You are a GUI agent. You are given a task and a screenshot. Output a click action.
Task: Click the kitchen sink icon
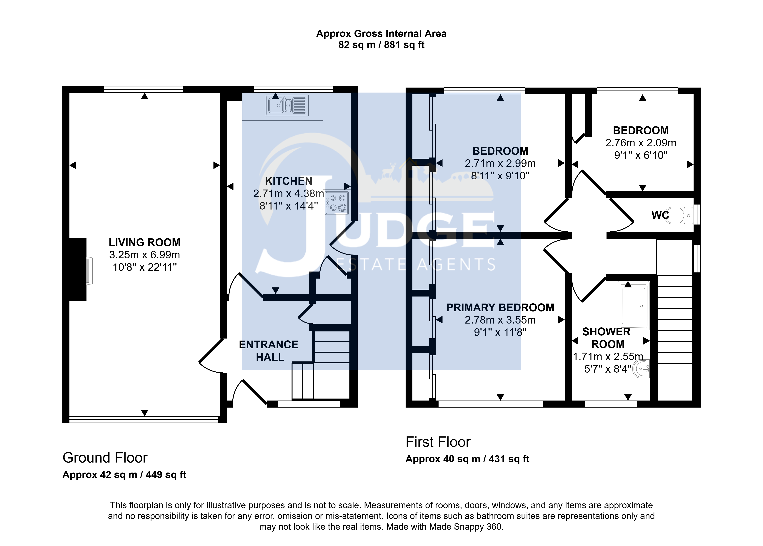click(287, 105)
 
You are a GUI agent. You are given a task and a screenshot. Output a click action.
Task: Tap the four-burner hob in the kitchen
click(337, 203)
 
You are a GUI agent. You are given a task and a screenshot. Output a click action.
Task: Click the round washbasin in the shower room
click(641, 369)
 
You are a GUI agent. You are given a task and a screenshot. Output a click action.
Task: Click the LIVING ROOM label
click(145, 242)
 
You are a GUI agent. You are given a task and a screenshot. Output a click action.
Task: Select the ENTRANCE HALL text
click(269, 351)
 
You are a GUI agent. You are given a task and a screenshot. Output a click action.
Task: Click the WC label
click(660, 215)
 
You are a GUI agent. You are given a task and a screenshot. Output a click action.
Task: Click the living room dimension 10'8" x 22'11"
click(145, 267)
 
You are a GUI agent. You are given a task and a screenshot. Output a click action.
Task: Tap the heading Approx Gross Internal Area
click(381, 34)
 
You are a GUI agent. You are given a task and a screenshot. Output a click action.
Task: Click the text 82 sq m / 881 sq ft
click(381, 45)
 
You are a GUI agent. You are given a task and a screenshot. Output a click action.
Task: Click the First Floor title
click(438, 442)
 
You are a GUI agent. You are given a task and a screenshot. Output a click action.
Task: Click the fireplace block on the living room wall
click(78, 269)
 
